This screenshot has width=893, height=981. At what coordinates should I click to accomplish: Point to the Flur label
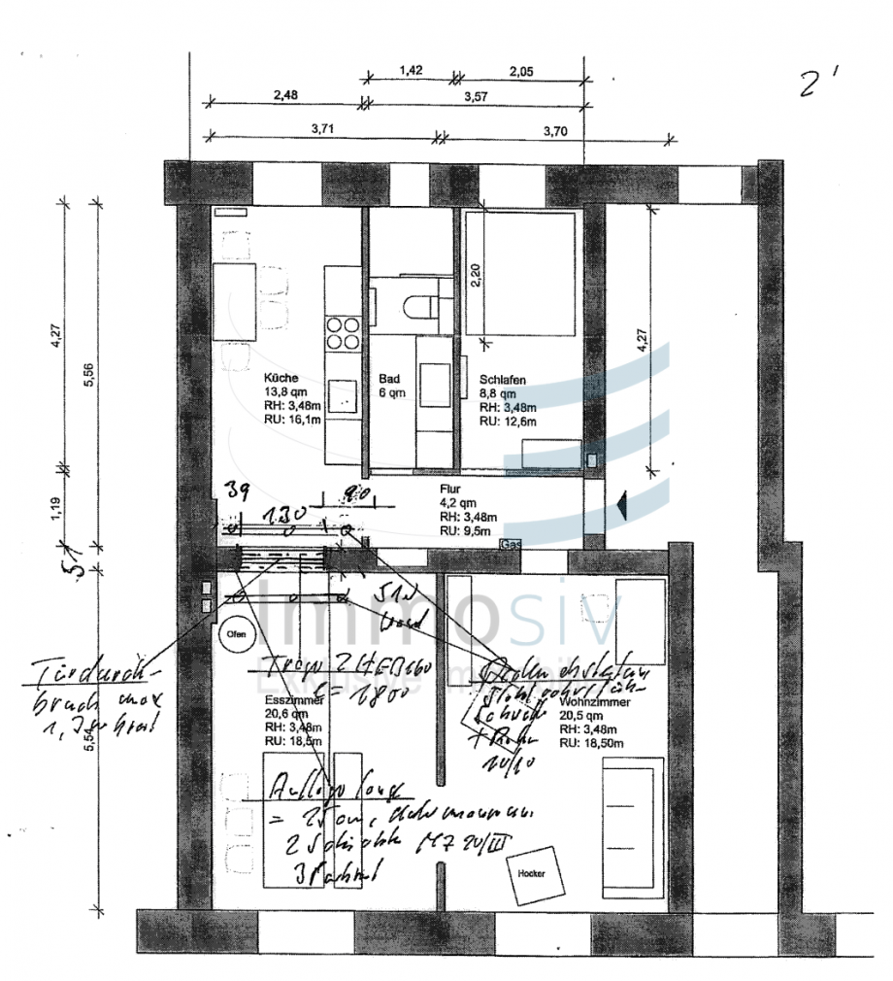[x=449, y=490]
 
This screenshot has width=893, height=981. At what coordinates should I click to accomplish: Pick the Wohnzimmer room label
[x=595, y=700]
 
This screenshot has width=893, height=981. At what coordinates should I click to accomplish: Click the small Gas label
[x=509, y=545]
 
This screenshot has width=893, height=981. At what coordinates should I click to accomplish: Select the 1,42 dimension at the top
[x=412, y=70]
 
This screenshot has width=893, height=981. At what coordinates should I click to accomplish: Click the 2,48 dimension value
[x=285, y=95]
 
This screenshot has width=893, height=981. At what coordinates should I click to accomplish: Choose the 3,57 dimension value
[x=476, y=95]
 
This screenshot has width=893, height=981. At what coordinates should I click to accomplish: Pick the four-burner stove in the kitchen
[x=342, y=333]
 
